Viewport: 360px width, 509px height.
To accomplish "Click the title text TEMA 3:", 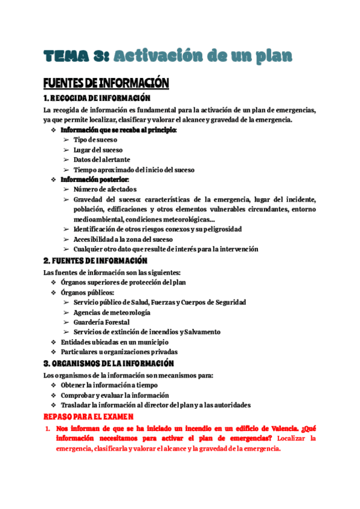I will click(x=76, y=56).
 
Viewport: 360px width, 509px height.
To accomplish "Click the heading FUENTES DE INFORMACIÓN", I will click(x=106, y=83).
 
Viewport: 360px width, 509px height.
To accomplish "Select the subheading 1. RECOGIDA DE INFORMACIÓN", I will click(x=97, y=98).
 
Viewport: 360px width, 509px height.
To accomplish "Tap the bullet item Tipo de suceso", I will click(x=95, y=139).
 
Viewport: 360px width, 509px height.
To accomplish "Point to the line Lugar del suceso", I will click(x=98, y=149).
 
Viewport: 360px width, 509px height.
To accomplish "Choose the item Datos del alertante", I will click(x=101, y=160).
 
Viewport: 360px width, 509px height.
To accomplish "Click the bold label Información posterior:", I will click(x=95, y=179).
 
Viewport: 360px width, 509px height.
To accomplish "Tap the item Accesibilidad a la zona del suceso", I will click(x=123, y=239).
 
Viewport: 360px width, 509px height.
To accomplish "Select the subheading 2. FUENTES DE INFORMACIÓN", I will click(x=95, y=261).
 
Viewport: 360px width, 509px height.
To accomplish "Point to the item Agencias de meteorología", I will click(x=112, y=312).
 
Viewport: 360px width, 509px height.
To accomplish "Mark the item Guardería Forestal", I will click(x=101, y=322).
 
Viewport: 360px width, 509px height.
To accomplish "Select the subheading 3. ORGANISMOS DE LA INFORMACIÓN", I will click(x=109, y=364).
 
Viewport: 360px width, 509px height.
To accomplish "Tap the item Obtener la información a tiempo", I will click(x=109, y=385).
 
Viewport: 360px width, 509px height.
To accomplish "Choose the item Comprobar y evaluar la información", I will click(x=115, y=396).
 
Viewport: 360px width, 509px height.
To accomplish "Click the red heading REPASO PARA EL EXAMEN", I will click(x=89, y=416).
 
